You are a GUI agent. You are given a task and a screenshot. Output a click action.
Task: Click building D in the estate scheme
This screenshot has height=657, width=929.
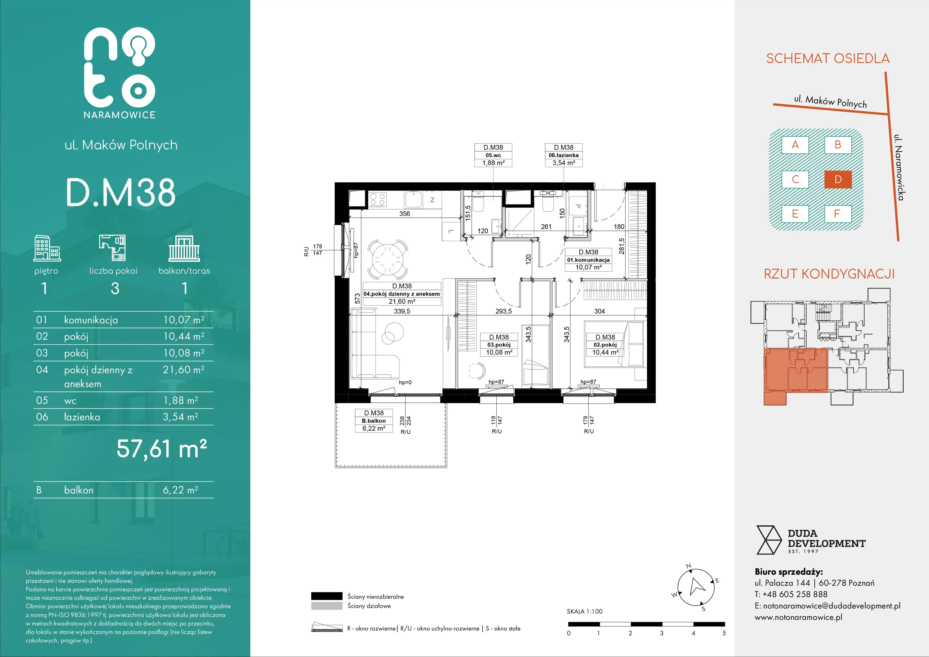click(838, 179)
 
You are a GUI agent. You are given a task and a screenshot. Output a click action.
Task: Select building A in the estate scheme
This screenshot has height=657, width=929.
click(795, 145)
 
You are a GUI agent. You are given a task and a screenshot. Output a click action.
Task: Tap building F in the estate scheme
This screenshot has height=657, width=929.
click(838, 214)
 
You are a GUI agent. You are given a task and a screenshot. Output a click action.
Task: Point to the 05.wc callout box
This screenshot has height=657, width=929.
click(494, 155)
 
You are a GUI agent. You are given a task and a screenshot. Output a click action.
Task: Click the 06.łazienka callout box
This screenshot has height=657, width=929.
click(564, 155)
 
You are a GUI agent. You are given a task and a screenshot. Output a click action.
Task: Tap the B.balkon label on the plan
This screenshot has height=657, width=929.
click(374, 421)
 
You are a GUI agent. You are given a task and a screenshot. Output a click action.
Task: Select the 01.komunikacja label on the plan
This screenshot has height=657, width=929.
click(588, 260)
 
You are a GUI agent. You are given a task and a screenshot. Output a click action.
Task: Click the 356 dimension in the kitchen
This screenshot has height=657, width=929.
click(405, 214)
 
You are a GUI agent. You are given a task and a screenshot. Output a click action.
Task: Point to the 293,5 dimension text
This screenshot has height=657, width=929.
click(504, 311)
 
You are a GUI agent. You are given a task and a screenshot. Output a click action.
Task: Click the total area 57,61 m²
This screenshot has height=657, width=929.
click(162, 449)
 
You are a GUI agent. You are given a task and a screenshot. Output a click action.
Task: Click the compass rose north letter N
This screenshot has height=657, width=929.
click(689, 566)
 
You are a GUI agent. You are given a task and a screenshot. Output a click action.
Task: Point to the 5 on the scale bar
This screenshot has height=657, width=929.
click(724, 633)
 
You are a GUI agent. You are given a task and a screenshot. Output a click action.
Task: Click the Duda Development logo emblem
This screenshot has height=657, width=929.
click(769, 540)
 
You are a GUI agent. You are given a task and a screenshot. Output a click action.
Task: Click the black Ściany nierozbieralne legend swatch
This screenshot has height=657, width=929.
click(327, 596)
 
